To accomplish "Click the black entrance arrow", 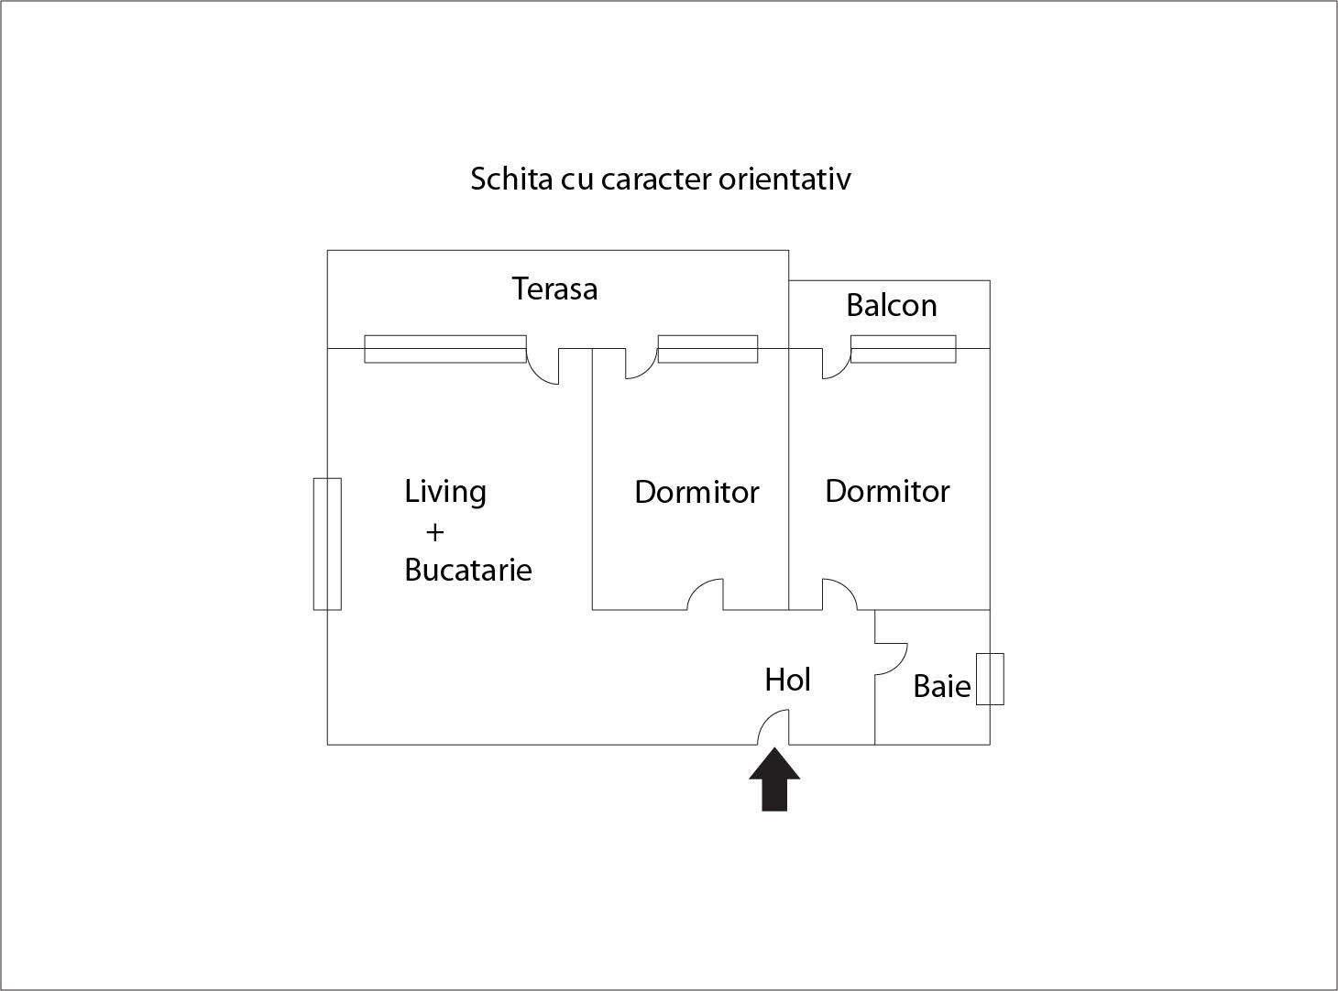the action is pos(774,779).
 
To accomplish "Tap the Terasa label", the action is pos(555,289).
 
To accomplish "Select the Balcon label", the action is pos(892,305).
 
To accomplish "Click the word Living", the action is pos(445,492).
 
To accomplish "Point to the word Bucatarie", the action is pos(468,570).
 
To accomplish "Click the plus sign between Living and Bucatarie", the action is pos(435,533).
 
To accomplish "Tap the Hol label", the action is pos(788,680).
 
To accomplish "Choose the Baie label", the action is pos(942,686).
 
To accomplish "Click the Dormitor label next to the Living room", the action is pos(696,492).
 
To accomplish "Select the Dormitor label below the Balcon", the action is pos(887,492).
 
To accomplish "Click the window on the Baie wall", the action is pos(990,680).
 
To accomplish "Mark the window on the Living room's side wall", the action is pos(327,544).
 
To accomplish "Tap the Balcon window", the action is pos(903,349).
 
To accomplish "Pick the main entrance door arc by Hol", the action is pos(773,727).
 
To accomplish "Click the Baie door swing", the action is pos(891,659).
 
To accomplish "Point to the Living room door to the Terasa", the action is pos(543,366).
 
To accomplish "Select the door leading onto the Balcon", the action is pos(836,364).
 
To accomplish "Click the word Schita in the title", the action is pos(511,179).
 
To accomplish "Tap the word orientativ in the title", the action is pos(784,179).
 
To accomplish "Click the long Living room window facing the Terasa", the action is pos(445,349).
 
